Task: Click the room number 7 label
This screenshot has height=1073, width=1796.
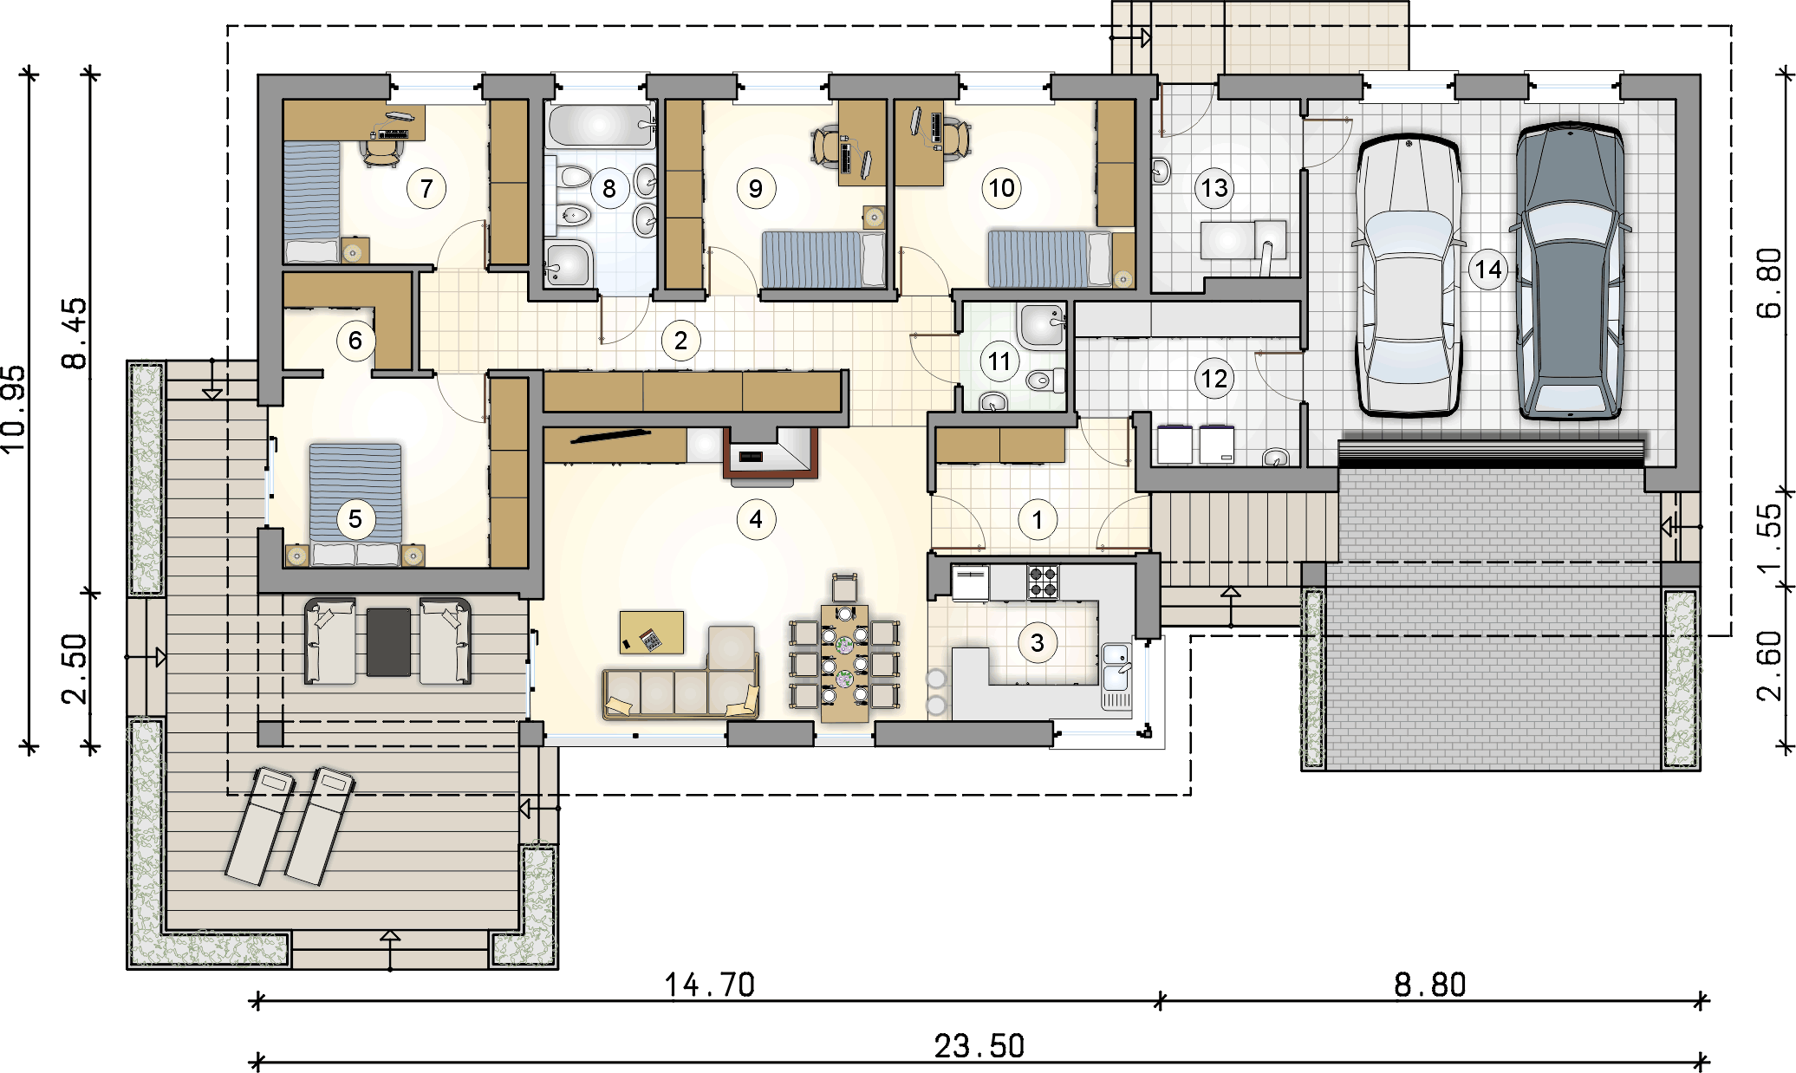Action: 426,188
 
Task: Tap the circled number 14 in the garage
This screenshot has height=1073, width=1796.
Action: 1488,270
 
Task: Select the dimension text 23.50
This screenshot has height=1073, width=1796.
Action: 979,1046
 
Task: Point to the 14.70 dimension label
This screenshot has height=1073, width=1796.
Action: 710,985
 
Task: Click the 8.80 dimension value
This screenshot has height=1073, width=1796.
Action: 1430,985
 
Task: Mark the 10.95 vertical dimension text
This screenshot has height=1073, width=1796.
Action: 15,409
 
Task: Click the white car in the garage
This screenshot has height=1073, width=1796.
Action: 1409,276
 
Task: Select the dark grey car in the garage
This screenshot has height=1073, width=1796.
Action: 1570,271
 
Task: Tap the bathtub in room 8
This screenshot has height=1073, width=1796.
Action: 600,127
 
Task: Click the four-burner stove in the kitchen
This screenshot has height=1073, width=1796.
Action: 1043,582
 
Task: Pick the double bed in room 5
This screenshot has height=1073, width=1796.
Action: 356,505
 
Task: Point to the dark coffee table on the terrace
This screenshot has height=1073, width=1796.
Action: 388,641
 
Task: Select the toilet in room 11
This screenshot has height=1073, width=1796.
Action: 1044,379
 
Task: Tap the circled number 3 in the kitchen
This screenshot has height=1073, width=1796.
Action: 1038,642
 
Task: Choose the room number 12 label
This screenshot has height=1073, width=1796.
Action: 1214,379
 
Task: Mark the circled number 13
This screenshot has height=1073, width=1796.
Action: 1214,188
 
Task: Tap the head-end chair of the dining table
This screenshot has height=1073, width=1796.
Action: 844,587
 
